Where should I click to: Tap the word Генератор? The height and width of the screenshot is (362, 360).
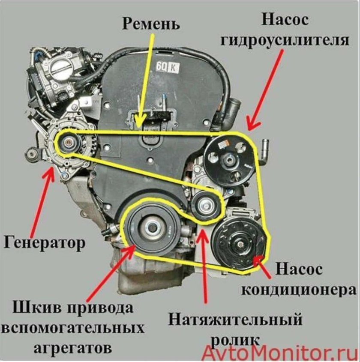[45, 242]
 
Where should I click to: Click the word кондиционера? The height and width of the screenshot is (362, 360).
[299, 290]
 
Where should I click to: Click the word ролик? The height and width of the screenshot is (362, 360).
[235, 339]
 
